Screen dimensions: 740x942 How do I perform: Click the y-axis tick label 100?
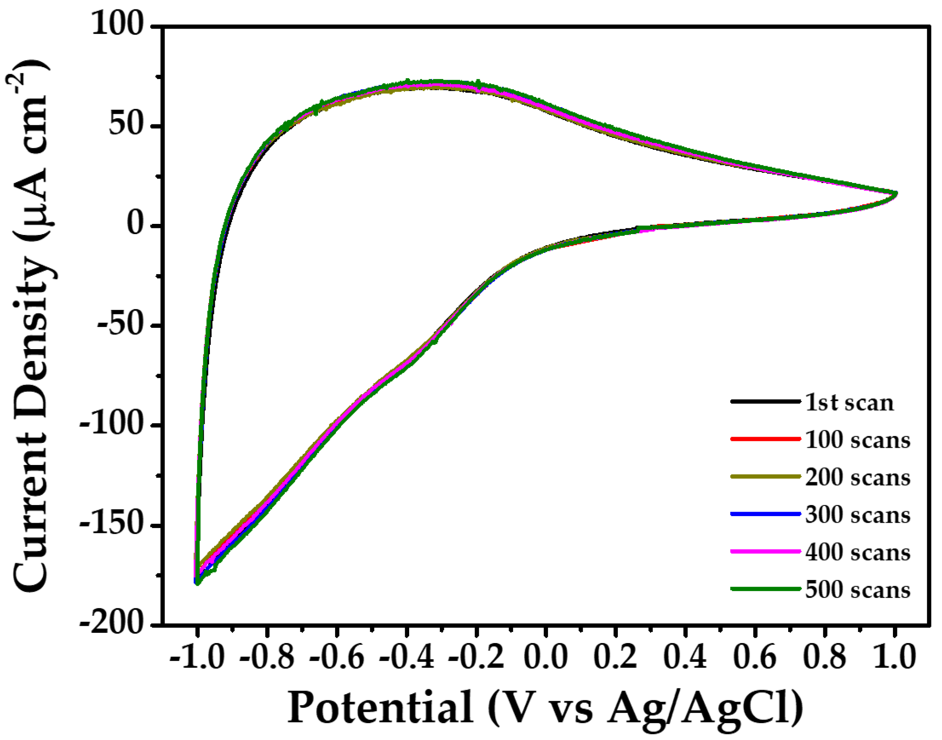click(117, 25)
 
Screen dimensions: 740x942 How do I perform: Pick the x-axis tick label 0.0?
click(545, 658)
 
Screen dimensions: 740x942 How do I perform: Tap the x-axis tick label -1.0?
click(197, 658)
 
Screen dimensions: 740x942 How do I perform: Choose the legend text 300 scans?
click(858, 515)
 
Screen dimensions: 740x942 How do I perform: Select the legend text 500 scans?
click(858, 590)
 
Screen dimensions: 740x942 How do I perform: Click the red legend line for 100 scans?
click(765, 439)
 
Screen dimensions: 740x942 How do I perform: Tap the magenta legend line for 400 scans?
click(765, 552)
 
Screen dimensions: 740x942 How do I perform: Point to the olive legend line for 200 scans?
click(765, 476)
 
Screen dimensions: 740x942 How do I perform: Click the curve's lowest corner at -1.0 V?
click(197, 583)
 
